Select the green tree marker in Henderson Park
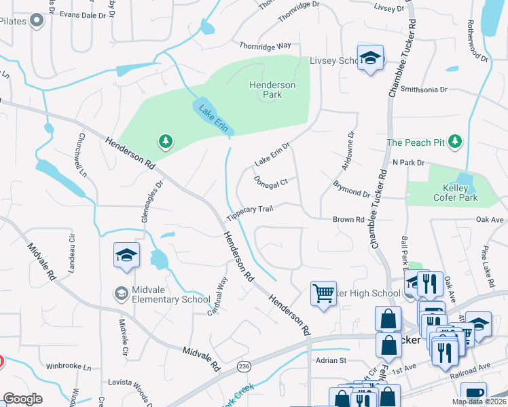[x=165, y=142]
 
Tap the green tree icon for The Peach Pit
[x=456, y=142]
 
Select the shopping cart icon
[x=323, y=294]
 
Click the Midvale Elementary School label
[x=161, y=294]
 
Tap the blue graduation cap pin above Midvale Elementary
[x=126, y=255]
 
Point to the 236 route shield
[x=243, y=366]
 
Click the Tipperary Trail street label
[x=250, y=212]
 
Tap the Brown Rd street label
[x=348, y=220]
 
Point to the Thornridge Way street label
[x=265, y=46]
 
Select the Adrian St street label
[x=331, y=360]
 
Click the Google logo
[x=22, y=399]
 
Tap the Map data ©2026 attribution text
[x=478, y=402]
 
